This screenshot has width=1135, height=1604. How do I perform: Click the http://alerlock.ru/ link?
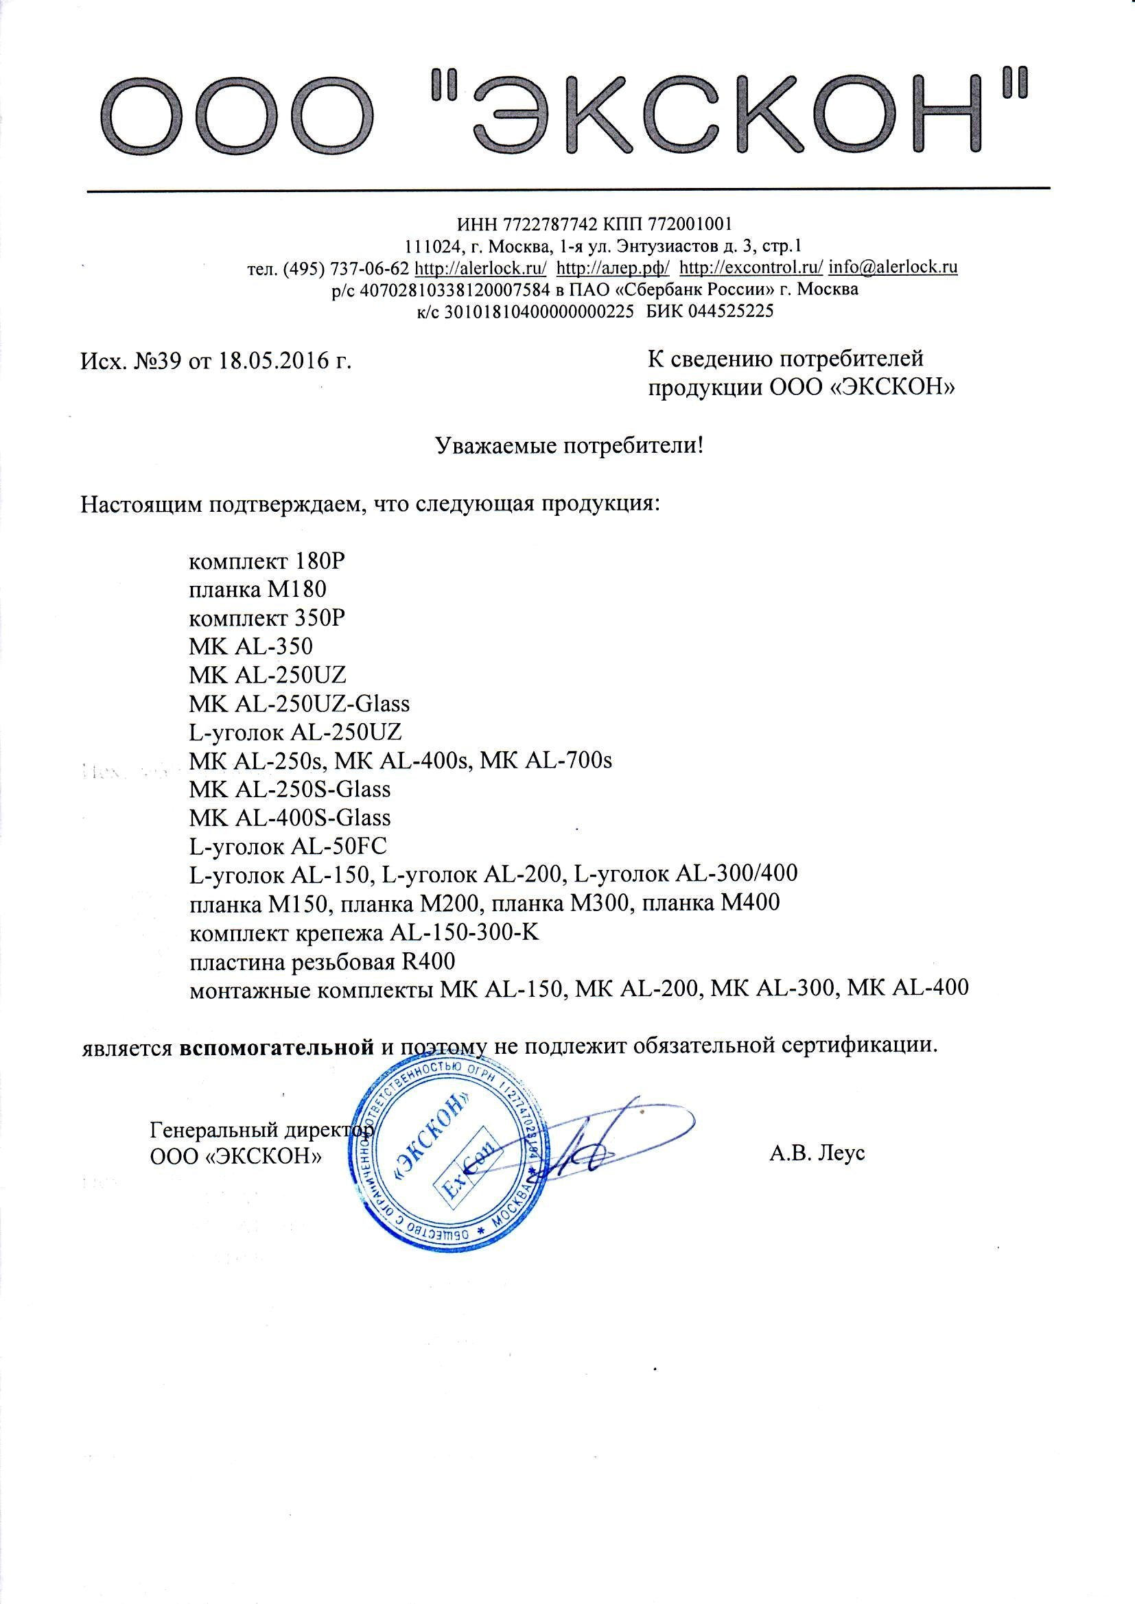point(480,267)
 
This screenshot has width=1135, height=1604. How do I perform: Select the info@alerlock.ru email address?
point(893,267)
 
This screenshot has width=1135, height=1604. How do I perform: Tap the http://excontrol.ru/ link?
point(751,267)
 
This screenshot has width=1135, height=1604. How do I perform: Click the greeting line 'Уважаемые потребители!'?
point(569,445)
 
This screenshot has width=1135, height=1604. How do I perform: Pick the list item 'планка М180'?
point(258,589)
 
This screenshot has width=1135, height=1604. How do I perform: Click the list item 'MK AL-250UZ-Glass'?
point(299,703)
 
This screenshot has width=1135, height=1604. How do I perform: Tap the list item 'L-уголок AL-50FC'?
point(288,846)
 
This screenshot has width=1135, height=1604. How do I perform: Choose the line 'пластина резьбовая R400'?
point(323,962)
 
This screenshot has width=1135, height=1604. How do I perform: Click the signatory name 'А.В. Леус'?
point(817,1153)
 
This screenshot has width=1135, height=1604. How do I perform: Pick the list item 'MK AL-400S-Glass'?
point(290,817)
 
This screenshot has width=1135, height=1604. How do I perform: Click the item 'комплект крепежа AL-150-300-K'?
point(364,932)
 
